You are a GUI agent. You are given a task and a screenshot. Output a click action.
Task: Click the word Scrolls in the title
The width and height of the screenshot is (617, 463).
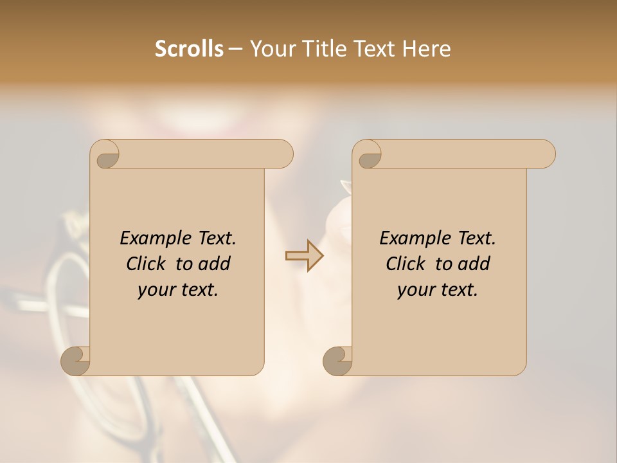189,49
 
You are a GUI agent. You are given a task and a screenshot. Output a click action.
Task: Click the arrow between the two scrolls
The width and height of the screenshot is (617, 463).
304,256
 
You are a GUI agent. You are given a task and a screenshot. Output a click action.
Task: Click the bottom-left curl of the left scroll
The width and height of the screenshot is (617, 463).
76,360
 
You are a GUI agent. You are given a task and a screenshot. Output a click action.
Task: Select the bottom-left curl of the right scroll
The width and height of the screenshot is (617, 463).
337,360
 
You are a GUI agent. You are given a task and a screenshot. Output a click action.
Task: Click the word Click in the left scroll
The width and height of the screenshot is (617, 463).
146,264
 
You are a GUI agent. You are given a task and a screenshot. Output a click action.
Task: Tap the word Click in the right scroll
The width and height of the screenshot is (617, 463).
406,264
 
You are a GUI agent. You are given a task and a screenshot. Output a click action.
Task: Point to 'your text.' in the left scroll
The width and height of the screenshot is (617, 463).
178,290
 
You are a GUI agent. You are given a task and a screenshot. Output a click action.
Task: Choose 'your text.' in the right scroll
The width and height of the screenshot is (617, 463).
438,290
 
